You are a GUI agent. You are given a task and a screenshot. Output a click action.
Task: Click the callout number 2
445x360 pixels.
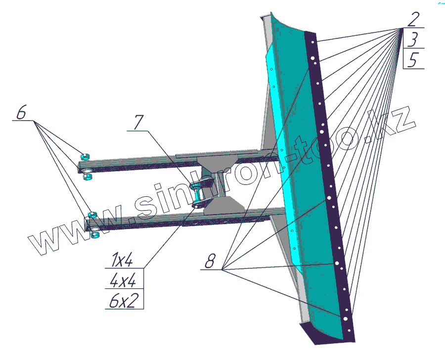(x=413, y=20)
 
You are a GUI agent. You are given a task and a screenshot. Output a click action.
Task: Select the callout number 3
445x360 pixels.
(x=413, y=40)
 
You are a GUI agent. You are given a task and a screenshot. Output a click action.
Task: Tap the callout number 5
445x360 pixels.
(x=413, y=59)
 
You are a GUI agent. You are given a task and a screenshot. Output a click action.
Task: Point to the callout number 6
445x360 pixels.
(x=21, y=112)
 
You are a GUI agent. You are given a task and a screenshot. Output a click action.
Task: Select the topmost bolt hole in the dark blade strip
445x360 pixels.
(x=312, y=42)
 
